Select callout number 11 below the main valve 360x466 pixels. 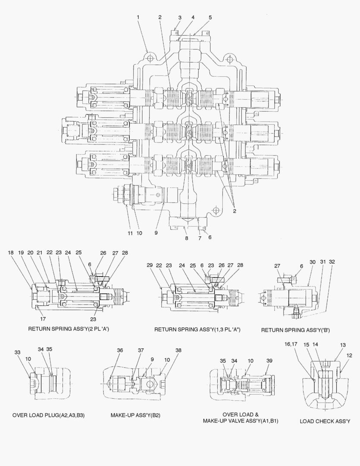pos(129,233)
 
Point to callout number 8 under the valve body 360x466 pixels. pos(186,238)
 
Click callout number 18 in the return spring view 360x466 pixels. pos(10,252)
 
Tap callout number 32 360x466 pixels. pos(332,261)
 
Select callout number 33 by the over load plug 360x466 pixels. pos(17,352)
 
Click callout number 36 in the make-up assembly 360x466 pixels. pos(119,350)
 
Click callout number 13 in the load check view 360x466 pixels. pos(343,345)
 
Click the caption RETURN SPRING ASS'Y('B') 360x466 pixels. pos(295,330)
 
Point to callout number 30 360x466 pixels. pos(313,261)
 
